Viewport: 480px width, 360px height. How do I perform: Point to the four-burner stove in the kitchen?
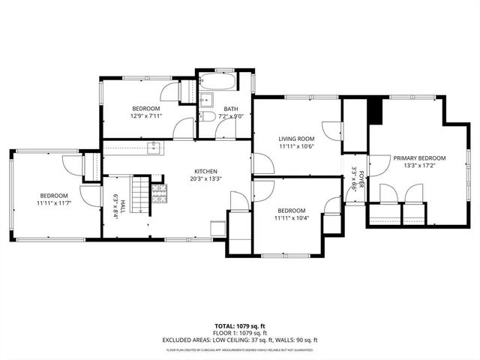(159, 195)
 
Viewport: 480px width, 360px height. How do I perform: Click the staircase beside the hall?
(139, 192)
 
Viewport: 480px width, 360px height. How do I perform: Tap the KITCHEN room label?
(206, 170)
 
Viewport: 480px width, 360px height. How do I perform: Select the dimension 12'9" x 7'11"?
(146, 116)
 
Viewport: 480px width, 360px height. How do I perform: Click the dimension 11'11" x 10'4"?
(291, 217)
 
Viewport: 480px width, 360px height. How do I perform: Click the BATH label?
(231, 109)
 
